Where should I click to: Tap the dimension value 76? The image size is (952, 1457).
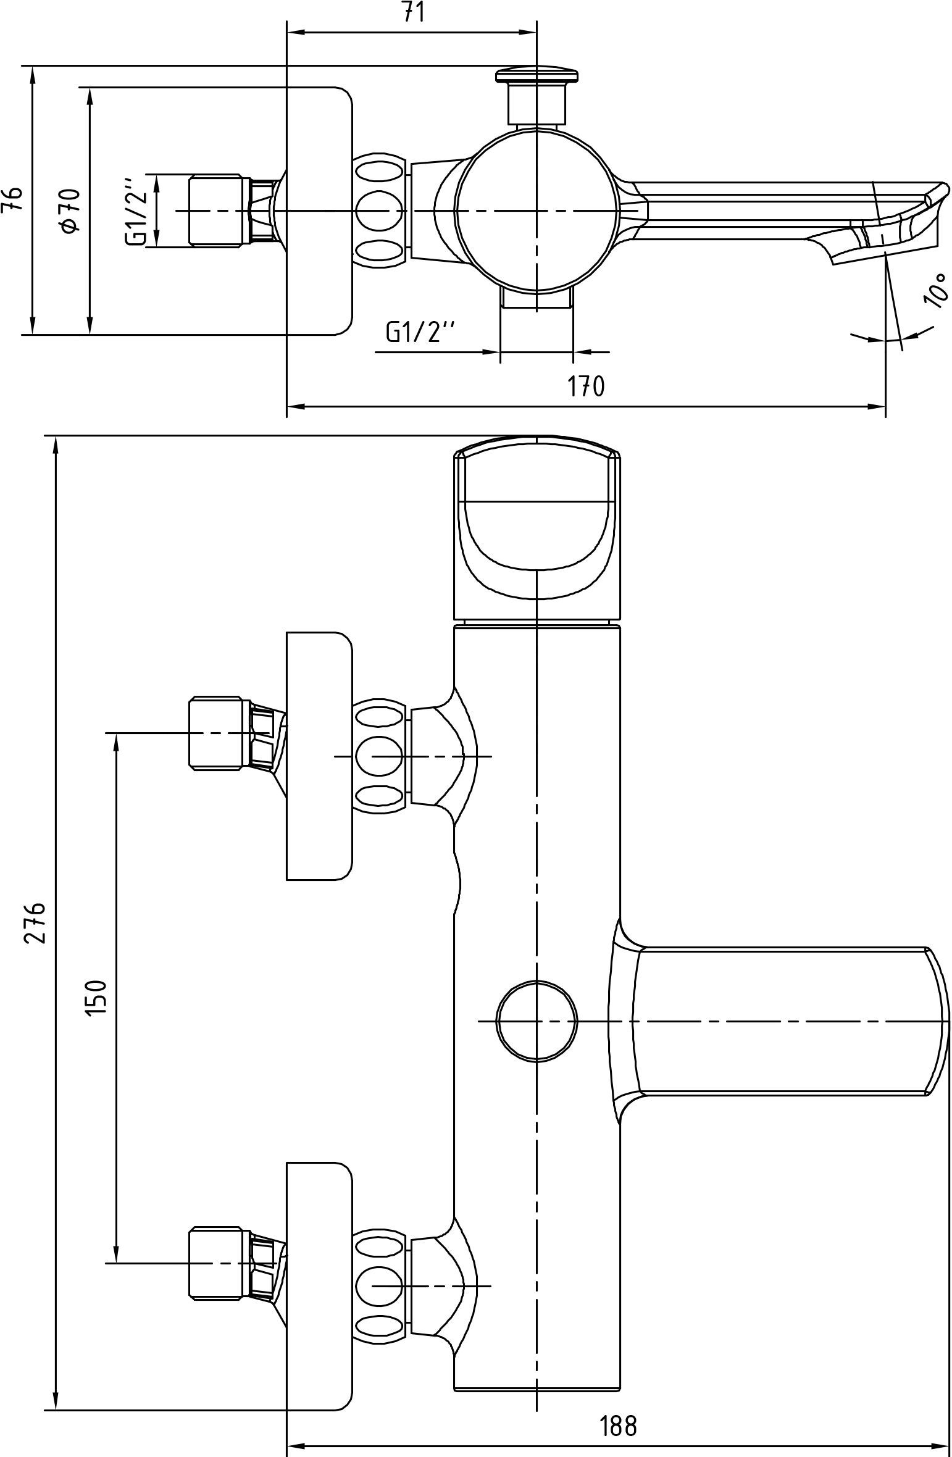13,199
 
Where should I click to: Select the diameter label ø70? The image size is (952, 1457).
70,211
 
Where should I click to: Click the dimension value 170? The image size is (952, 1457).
586,386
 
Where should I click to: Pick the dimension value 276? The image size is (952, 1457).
35,922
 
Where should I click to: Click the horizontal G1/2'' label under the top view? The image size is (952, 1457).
420,333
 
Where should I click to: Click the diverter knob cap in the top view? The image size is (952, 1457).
537,75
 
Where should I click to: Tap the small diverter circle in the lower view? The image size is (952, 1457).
537,1022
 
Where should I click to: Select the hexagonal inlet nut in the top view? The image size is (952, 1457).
215,211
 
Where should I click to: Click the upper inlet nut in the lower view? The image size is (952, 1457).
215,733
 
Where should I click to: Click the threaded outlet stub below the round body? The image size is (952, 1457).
537,299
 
